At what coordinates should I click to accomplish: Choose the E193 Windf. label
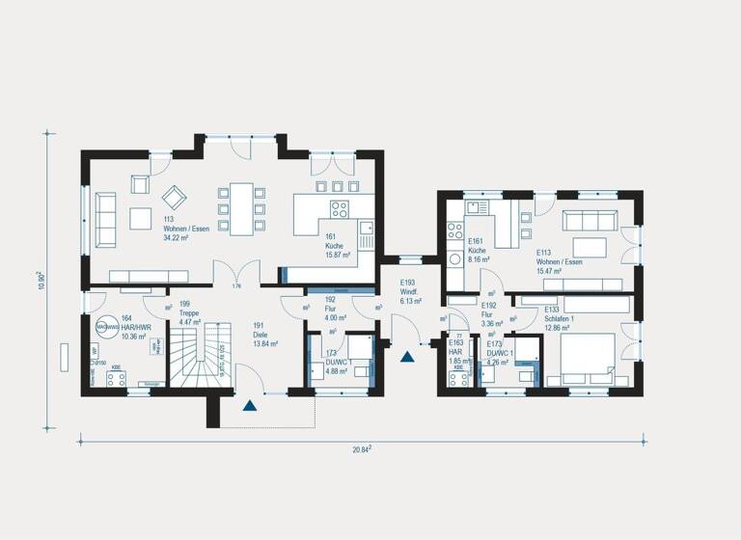[412, 290]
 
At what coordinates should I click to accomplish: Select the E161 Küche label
[480, 252]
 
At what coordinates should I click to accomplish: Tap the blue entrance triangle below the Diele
[251, 406]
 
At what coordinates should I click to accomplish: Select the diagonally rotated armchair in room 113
[175, 198]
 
